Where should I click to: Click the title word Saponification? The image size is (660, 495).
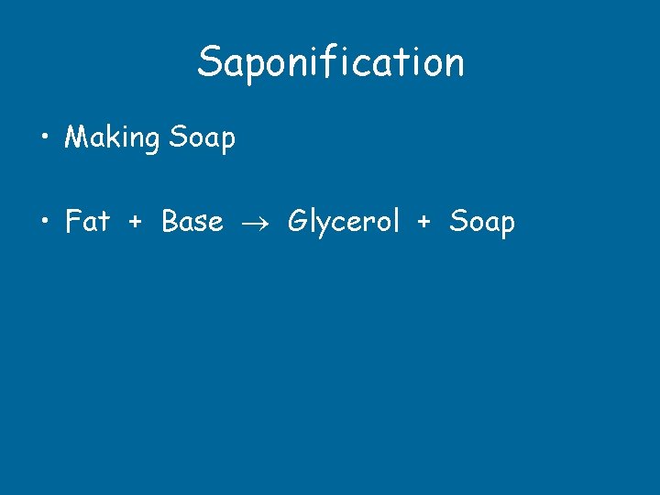tap(330, 62)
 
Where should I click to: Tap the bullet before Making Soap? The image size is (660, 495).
tap(44, 139)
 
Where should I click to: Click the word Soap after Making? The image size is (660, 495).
tap(202, 138)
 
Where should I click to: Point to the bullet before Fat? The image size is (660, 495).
tap(44, 222)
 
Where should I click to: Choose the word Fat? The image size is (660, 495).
tap(87, 221)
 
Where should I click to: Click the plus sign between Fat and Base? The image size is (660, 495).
tap(136, 222)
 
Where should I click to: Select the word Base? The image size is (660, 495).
tap(192, 221)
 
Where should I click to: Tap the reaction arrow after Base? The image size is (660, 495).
tap(255, 223)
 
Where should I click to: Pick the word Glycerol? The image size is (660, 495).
tap(344, 222)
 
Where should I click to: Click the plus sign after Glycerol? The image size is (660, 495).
tap(424, 222)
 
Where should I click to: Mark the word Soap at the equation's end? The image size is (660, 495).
tap(482, 222)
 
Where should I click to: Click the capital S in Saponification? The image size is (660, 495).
tap(210, 62)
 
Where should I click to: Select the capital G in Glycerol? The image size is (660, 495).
tap(298, 221)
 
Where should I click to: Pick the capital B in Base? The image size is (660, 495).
tap(170, 221)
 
